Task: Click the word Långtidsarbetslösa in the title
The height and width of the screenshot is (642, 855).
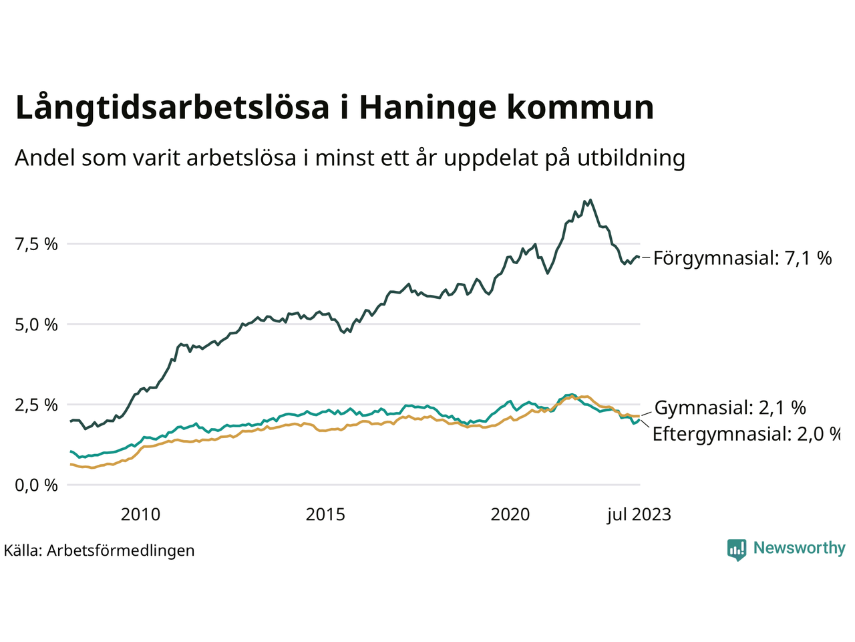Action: (x=172, y=108)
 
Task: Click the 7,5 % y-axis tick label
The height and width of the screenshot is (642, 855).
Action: (x=36, y=244)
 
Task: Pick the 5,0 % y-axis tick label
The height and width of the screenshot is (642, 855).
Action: (x=36, y=324)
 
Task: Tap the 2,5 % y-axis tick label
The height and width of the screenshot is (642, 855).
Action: (x=36, y=405)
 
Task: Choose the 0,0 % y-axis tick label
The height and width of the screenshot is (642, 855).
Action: (x=36, y=485)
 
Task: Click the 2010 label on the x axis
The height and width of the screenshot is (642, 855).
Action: (x=140, y=514)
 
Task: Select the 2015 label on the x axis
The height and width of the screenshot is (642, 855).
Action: (x=325, y=514)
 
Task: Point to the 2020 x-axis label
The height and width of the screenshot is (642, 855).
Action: (x=510, y=514)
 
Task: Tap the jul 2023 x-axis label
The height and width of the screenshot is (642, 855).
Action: (x=639, y=514)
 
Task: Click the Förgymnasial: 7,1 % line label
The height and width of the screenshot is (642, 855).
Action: (x=742, y=258)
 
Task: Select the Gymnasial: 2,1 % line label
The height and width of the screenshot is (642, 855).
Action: (x=730, y=407)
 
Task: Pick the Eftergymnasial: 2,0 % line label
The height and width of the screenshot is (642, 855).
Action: (x=745, y=434)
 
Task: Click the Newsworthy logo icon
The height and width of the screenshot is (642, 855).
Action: (x=737, y=550)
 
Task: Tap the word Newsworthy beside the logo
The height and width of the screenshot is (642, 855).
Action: (x=799, y=548)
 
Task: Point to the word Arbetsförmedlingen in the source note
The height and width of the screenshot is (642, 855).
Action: (x=121, y=550)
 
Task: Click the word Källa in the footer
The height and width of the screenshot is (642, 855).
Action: (x=22, y=550)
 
